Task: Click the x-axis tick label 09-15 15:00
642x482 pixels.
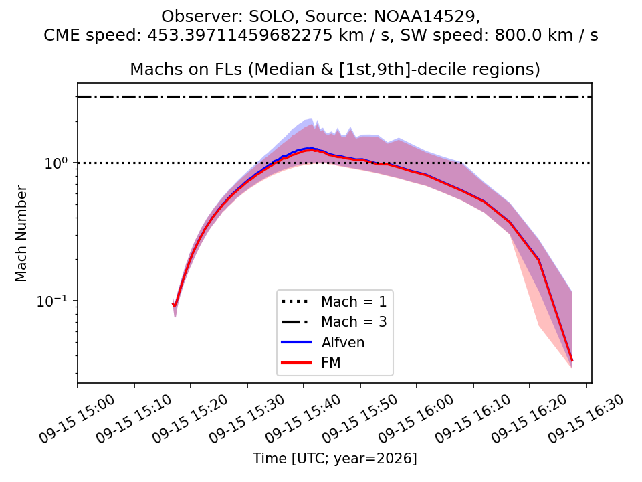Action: coord(78,418)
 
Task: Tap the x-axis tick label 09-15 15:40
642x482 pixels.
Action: coord(304,418)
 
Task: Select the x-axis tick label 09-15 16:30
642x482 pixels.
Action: coord(586,418)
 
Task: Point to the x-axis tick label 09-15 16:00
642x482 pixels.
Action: coord(417,418)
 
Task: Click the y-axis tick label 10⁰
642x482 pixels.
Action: coord(56,163)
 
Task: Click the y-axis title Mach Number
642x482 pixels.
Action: coord(21,234)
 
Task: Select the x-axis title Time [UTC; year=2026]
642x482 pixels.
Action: coord(334,458)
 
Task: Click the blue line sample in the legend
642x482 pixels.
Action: coord(296,342)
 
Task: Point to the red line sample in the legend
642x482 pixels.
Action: coord(296,363)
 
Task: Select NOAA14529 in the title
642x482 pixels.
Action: coord(425,16)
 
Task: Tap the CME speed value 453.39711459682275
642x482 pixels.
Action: coord(239,35)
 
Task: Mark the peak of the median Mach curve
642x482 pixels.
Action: coord(312,149)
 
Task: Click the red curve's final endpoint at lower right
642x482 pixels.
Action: coord(572,361)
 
